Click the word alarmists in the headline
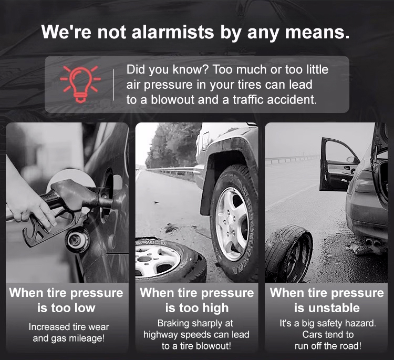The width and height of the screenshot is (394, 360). (x=173, y=32)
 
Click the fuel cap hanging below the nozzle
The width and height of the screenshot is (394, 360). (x=77, y=240)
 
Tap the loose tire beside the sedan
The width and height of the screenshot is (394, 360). (x=289, y=253)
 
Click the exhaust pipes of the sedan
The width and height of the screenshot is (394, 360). (x=373, y=243)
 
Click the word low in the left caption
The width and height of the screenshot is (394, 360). (x=85, y=308)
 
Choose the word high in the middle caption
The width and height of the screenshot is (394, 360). (x=215, y=308)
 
